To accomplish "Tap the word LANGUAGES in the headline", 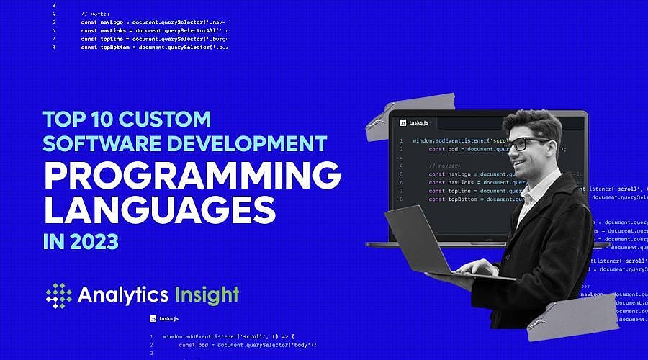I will tap(159, 210).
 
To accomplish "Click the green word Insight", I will tap(207, 294).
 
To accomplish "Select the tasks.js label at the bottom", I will tap(168, 318).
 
